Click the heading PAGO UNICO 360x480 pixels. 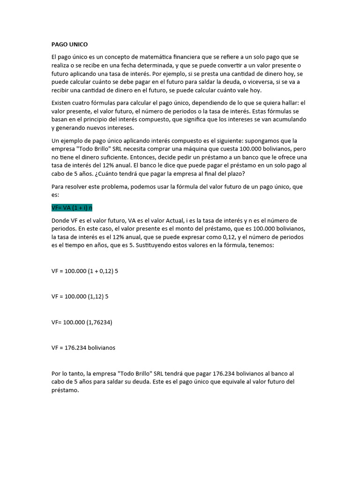click(x=69, y=45)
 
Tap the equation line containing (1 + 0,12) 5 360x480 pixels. click(x=85, y=271)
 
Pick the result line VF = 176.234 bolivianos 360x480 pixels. click(x=83, y=348)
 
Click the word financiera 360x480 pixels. click(x=192, y=57)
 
